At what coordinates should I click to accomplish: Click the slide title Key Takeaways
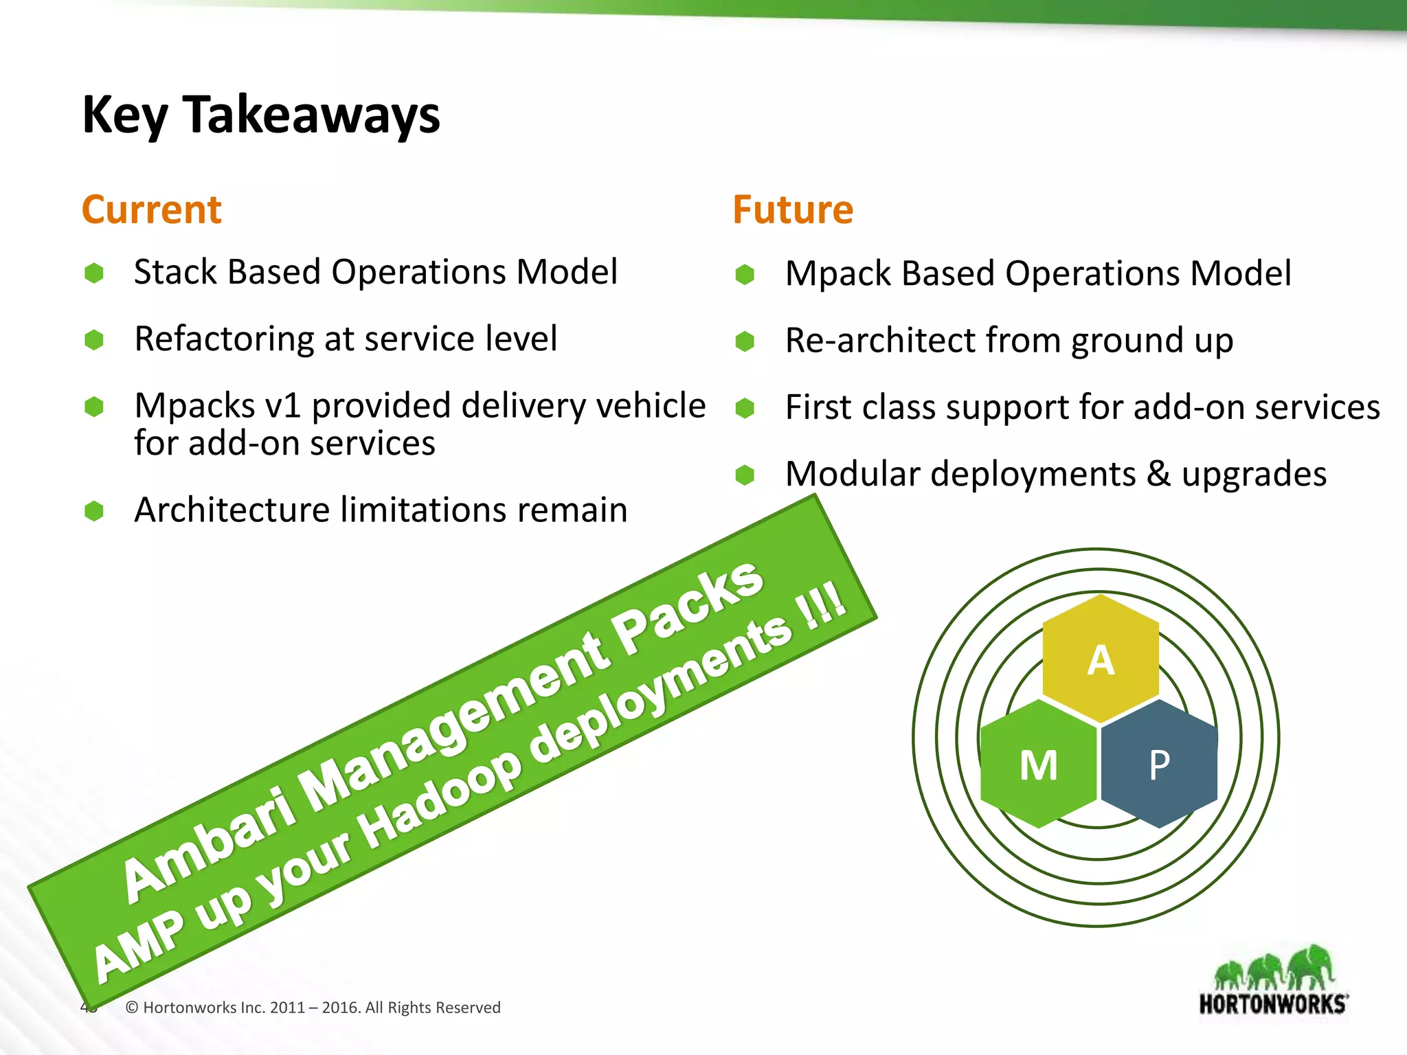pos(261,115)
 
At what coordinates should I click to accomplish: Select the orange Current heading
pos(151,209)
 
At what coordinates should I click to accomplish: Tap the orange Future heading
pos(793,209)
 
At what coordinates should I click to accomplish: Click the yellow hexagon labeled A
pos(1101,659)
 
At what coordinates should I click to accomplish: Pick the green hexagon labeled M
pos(1038,764)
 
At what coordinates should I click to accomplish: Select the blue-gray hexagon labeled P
pos(1159,764)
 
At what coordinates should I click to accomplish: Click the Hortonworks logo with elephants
pos(1273,982)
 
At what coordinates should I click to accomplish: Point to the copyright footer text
pos(313,1008)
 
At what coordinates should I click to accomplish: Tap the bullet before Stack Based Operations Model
pos(94,273)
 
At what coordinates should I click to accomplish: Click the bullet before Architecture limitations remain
pos(94,511)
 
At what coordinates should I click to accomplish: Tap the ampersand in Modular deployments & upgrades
pos(1158,474)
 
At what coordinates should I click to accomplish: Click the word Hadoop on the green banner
pos(440,797)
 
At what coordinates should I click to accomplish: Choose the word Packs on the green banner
pos(687,604)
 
